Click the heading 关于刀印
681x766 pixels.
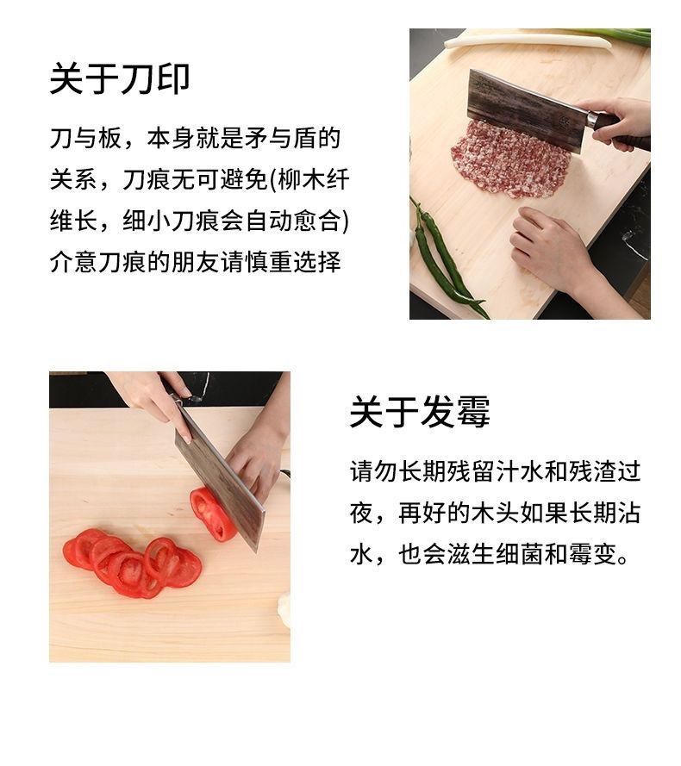point(120,79)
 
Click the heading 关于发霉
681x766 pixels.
point(420,412)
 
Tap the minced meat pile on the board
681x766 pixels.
point(510,159)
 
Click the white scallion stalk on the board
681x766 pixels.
point(528,40)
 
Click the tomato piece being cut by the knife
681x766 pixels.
point(213,514)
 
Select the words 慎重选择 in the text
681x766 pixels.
point(293,262)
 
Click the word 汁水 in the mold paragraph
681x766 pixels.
point(496,472)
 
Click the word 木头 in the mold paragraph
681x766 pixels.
point(496,513)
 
